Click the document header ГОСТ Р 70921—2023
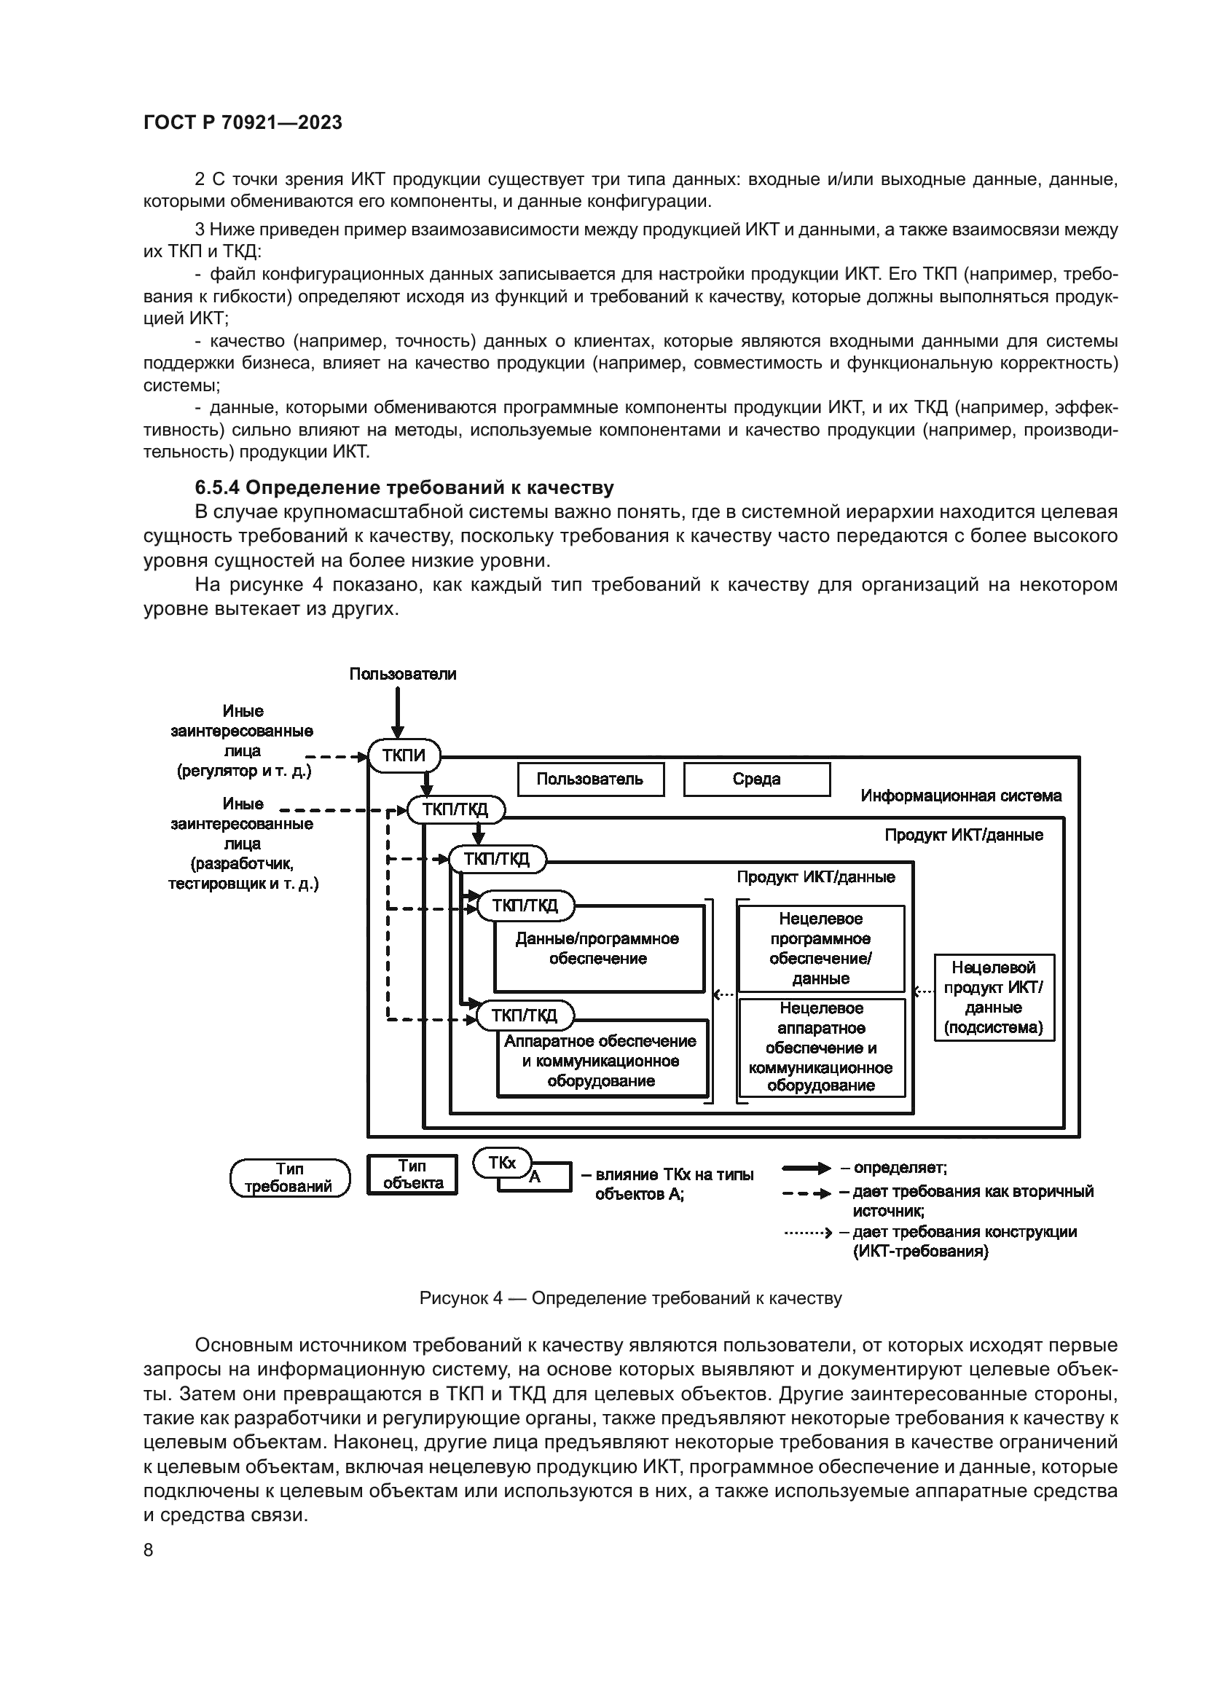pos(243,122)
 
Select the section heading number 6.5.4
pos(216,487)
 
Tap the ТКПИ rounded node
pos(404,756)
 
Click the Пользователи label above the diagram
pos(402,674)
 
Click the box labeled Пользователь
pos(590,780)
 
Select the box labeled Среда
pos(756,780)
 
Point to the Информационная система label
pos(960,796)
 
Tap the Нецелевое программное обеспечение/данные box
pos(820,949)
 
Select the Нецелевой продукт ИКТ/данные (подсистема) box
pos(994,997)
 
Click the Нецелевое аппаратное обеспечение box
pos(820,1047)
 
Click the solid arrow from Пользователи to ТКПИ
pos(398,712)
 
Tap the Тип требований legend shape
pos(290,1178)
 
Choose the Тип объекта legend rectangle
pos(412,1175)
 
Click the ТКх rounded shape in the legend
pos(503,1163)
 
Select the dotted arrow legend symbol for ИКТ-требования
pos(807,1233)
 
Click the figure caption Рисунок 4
pos(630,1298)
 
